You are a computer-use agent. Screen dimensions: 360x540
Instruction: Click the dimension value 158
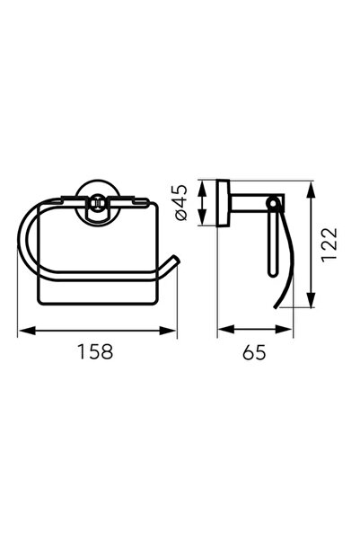point(95,351)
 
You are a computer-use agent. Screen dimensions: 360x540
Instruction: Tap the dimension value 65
point(254,352)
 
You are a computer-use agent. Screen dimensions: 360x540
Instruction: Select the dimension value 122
point(329,244)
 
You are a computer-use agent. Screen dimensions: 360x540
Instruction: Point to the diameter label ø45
point(181,202)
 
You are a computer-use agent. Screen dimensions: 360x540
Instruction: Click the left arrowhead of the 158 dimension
point(27,331)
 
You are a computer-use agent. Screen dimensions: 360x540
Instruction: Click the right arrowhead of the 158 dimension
point(167,331)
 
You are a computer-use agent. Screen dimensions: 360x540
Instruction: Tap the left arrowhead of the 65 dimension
point(226,329)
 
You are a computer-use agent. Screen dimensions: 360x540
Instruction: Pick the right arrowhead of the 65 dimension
point(284,329)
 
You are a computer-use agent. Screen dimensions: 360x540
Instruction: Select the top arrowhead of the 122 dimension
point(311,190)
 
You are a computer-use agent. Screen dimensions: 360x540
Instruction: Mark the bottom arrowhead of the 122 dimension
point(311,299)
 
